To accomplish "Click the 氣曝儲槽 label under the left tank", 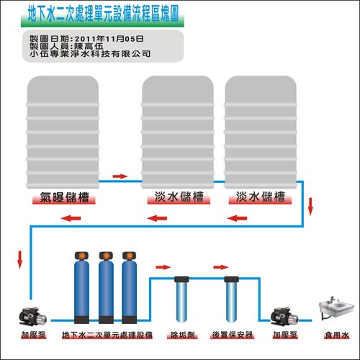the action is pyautogui.click(x=64, y=197).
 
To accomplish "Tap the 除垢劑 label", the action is pyautogui.click(x=182, y=335).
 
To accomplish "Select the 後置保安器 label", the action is pyautogui.click(x=233, y=335).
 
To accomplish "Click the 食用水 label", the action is pyautogui.click(x=336, y=335).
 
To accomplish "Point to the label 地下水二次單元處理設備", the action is pyautogui.click(x=107, y=335).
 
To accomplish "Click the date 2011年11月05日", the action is pyautogui.click(x=109, y=39).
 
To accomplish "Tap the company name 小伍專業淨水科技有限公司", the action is pyautogui.click(x=90, y=53).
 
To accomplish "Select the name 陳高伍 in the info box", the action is pyautogui.click(x=89, y=46).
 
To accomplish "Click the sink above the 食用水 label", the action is pyautogui.click(x=336, y=307).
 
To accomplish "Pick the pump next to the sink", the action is pyautogui.click(x=284, y=316).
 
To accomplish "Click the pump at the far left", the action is pyautogui.click(x=33, y=316).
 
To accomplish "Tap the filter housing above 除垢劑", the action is pyautogui.click(x=181, y=300).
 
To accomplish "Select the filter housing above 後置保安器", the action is pyautogui.click(x=231, y=300).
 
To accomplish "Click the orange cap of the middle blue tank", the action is pyautogui.click(x=106, y=256).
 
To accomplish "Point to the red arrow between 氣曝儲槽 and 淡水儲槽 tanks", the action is pyautogui.click(x=120, y=176).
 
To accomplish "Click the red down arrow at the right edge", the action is pyautogui.click(x=310, y=207).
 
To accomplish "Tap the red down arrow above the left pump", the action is pyautogui.click(x=19, y=259).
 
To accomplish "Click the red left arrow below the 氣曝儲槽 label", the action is pyautogui.click(x=71, y=218).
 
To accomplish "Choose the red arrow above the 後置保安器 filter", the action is pyautogui.click(x=221, y=267).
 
